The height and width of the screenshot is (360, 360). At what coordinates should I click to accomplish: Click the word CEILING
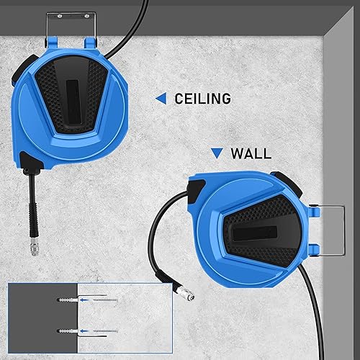203,99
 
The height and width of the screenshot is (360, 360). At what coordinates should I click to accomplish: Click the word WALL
251,153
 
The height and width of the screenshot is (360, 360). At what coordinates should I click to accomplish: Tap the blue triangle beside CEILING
161,99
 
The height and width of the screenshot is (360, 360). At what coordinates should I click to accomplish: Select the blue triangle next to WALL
217,153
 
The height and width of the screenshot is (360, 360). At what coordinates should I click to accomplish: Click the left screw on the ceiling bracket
60,17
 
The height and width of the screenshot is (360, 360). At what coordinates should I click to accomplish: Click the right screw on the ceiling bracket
86,17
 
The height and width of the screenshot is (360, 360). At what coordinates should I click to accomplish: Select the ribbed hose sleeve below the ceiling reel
33,218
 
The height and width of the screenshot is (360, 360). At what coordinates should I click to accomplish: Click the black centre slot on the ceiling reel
73,102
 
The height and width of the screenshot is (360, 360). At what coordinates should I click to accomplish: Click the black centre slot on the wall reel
254,233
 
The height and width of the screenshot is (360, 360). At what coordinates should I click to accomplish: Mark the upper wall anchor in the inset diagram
68,300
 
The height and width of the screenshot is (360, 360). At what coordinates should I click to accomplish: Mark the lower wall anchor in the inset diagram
68,331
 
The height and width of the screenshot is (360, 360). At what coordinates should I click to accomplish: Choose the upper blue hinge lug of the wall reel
314,211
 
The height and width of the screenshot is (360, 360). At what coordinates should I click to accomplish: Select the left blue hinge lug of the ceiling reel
52,42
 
